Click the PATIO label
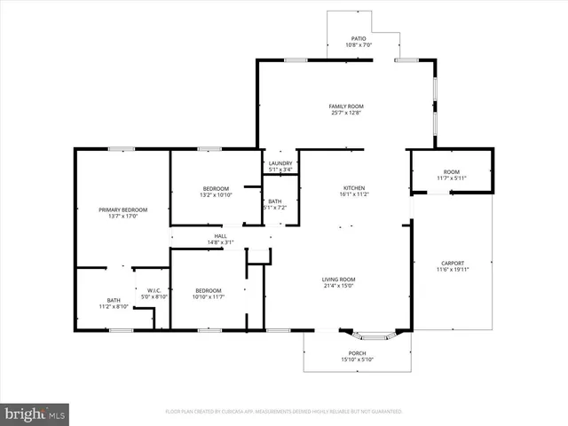pos(359,38)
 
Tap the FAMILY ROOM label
pos(346,106)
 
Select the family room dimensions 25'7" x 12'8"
pos(346,114)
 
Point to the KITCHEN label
pos(355,188)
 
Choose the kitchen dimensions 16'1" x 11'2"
pos(355,195)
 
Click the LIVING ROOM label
pos(338,280)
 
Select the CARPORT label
pos(452,263)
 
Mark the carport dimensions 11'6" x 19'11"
pos(452,270)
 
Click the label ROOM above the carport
pos(452,171)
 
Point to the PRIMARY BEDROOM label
pos(122,209)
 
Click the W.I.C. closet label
pos(153,289)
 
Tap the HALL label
pos(220,235)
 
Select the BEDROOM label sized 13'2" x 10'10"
pos(216,188)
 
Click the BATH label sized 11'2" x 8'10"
pos(114,300)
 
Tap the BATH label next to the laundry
pos(276,201)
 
